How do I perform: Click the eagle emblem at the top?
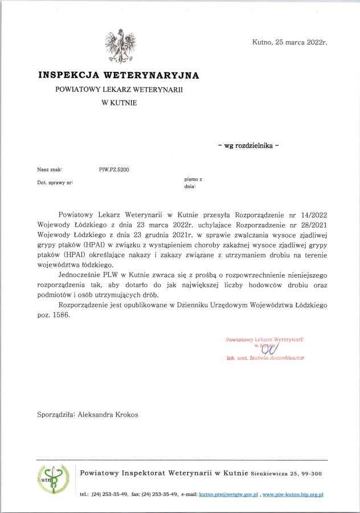(x=121, y=47)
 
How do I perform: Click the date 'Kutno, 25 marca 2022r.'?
(x=289, y=42)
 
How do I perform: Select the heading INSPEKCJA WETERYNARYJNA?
(x=118, y=75)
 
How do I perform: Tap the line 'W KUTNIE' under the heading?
(x=119, y=103)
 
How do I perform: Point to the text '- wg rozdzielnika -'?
(x=248, y=145)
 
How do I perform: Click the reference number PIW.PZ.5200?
(x=113, y=170)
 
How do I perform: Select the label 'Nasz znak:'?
(x=50, y=170)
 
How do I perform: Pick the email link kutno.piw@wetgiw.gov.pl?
(x=228, y=494)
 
